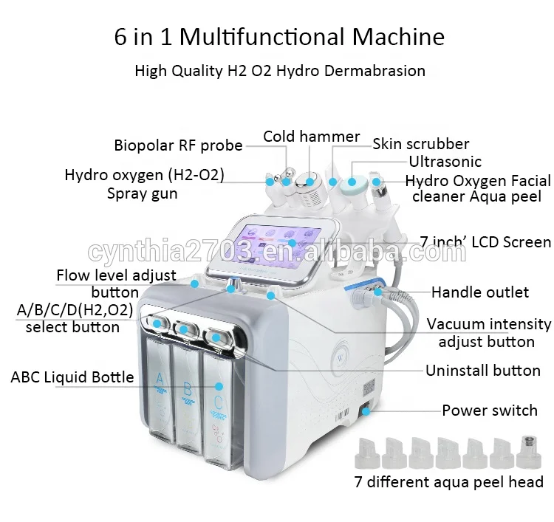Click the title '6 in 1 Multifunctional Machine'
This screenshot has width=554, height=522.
pos(278,37)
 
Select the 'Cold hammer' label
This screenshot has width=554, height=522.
pos(312,137)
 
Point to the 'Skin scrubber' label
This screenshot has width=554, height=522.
pos(420,144)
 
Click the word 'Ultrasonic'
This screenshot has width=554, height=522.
pos(445,162)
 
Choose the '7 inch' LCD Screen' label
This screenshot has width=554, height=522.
pos(485,242)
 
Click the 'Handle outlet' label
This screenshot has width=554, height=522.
pos(480,292)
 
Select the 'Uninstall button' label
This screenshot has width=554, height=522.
pos(482,371)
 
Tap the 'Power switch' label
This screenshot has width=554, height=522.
pos(490,411)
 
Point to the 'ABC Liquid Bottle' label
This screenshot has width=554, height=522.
pos(72,377)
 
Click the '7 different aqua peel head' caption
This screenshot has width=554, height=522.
pos(448,482)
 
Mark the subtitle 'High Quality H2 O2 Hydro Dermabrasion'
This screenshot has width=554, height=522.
pos(280,71)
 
